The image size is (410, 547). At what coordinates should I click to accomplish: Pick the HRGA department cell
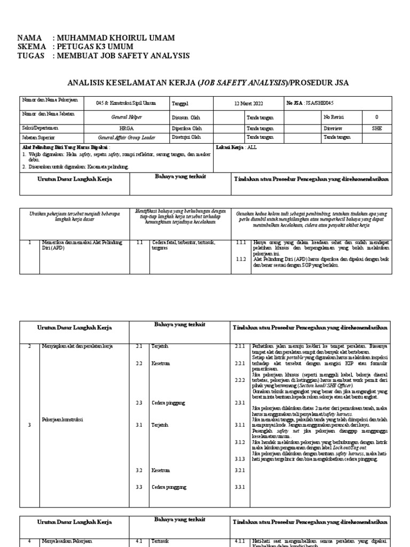[127, 128]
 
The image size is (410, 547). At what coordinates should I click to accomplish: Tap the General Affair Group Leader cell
[126, 137]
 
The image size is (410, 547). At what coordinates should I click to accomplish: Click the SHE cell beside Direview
[377, 128]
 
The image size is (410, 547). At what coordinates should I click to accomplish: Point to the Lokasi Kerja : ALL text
[236, 147]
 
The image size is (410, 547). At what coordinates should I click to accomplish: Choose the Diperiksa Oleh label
[187, 128]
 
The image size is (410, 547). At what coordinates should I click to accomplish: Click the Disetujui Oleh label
[186, 137]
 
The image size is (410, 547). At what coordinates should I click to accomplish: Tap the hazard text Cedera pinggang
[169, 402]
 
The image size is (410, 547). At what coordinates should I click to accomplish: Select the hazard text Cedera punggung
[169, 487]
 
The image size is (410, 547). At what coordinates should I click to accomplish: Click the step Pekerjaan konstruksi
[62, 419]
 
